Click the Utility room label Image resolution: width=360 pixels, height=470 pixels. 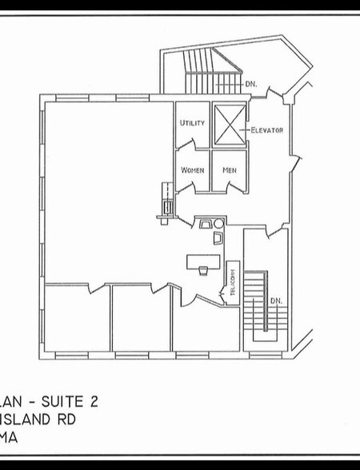[192, 123]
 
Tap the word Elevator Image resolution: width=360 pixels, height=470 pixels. [266, 129]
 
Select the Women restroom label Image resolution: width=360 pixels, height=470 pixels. [192, 170]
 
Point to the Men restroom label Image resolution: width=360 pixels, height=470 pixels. [229, 170]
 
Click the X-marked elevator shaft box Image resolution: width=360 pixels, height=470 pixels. [229, 124]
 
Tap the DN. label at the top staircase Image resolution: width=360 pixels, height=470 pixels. [251, 82]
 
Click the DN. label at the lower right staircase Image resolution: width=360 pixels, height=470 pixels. [275, 301]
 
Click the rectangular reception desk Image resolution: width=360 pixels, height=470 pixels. [203, 261]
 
